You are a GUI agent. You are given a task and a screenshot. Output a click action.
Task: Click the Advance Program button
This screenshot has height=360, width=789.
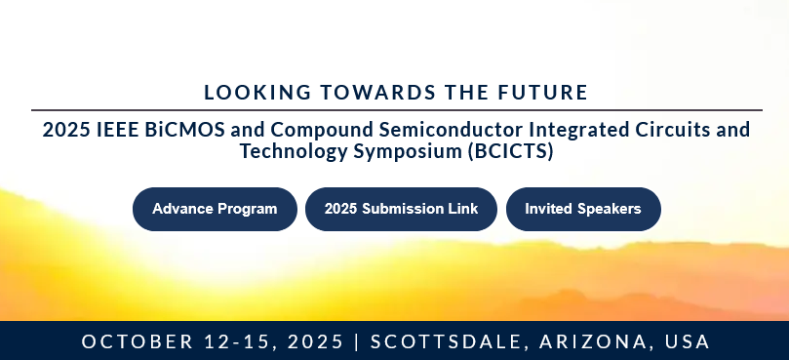click(x=215, y=209)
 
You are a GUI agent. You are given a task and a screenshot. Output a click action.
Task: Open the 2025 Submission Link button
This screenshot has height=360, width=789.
click(x=401, y=209)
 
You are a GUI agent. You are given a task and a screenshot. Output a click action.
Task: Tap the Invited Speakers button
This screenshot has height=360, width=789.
click(x=583, y=209)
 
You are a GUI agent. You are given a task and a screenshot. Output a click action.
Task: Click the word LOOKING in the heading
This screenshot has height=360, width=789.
click(x=257, y=93)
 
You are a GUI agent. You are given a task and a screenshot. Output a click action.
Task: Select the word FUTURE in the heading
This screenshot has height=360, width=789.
click(x=543, y=93)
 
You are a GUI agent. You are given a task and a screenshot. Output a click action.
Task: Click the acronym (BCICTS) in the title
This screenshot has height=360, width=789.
click(x=511, y=151)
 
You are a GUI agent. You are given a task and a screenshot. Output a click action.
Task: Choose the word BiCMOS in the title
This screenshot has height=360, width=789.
click(x=184, y=130)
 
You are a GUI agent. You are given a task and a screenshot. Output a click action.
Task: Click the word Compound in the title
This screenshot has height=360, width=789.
click(x=322, y=131)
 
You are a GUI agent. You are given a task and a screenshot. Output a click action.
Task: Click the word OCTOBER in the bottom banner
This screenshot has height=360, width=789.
click(x=137, y=341)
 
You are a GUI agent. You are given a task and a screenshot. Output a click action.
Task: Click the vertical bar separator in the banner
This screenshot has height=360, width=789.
click(x=357, y=341)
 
